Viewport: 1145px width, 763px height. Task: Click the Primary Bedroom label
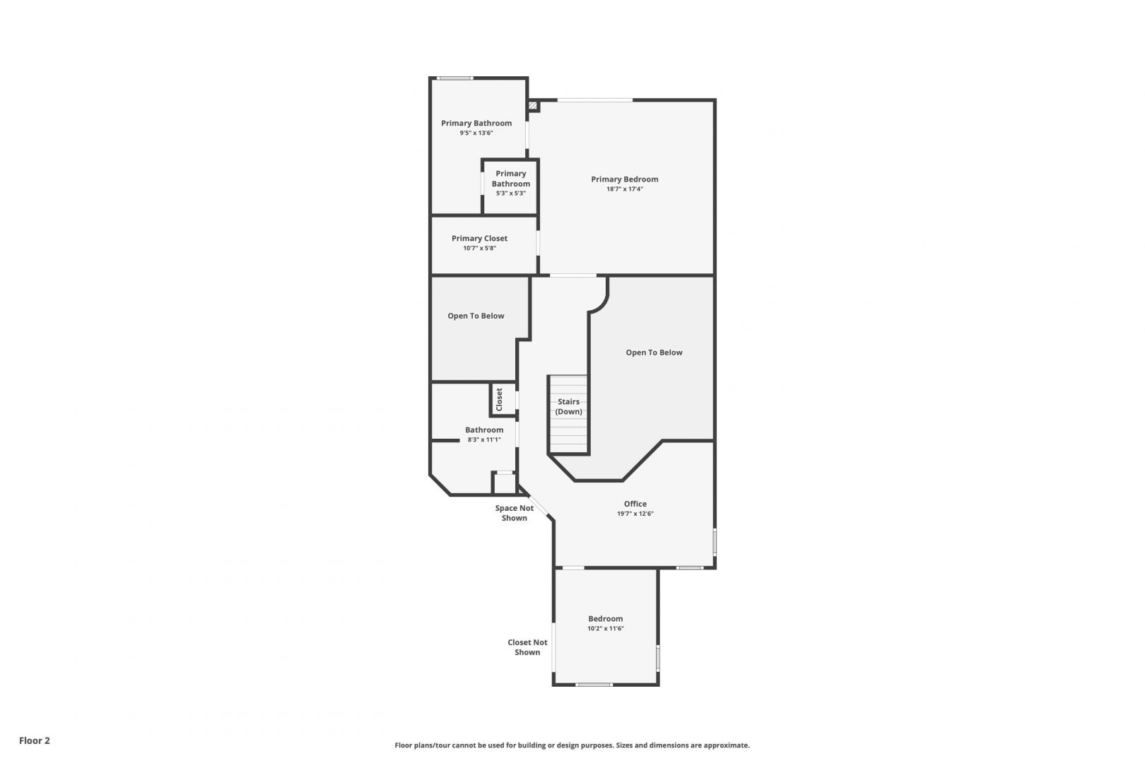click(625, 179)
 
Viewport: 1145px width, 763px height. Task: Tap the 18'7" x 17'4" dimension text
click(625, 189)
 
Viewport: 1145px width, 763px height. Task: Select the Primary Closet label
click(479, 238)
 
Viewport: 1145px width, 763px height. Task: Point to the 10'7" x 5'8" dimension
click(479, 249)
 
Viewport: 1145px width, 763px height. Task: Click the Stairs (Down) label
click(568, 406)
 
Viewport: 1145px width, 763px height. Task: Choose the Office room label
click(635, 504)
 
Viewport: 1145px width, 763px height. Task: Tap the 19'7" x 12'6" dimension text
click(635, 514)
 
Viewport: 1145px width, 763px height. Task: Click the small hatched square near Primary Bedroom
click(533, 106)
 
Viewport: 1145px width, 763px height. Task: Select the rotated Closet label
click(500, 399)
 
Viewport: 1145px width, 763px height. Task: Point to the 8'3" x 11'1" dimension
click(484, 439)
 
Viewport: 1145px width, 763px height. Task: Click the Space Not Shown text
click(515, 513)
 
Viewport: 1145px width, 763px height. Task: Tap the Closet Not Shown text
click(527, 647)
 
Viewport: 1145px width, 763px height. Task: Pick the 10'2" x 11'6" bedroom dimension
click(606, 629)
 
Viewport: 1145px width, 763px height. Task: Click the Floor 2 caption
click(34, 740)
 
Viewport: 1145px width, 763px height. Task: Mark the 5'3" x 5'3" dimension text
click(510, 193)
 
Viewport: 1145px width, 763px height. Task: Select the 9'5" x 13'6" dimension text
click(476, 133)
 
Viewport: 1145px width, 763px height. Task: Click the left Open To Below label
click(476, 316)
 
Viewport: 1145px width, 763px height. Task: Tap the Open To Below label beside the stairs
click(654, 353)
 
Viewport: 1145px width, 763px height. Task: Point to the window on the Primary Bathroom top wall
click(455, 78)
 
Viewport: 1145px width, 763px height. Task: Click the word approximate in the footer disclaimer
click(727, 745)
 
